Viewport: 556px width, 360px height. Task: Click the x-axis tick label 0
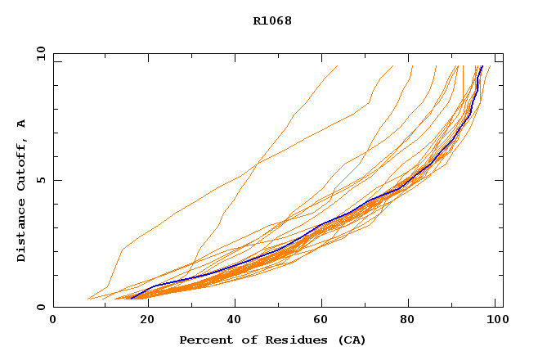click(53, 320)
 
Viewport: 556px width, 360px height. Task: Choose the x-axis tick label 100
click(495, 320)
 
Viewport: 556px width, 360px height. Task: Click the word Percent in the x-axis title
click(202, 340)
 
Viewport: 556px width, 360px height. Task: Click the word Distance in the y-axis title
click(22, 234)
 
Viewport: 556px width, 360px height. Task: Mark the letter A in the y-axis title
click(22, 124)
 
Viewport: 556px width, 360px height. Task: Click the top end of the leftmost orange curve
click(338, 65)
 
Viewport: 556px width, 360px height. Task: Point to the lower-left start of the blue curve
click(132, 298)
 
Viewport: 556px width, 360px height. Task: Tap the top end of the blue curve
click(482, 66)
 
